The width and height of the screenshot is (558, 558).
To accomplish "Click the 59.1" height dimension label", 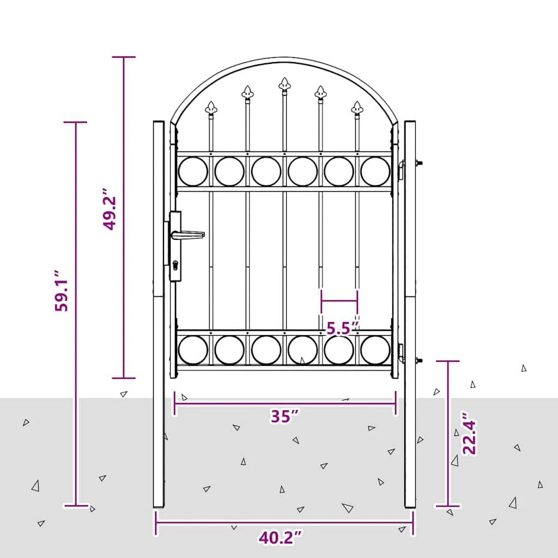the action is [x=61, y=291].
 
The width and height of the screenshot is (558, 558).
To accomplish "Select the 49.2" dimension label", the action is [x=109, y=209].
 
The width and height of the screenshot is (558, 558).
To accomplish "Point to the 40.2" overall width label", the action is [x=281, y=538].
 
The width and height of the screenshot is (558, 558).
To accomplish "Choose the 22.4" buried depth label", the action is [x=469, y=433].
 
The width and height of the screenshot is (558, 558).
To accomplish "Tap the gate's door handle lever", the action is [x=187, y=235].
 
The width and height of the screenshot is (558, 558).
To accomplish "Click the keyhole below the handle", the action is [x=175, y=265].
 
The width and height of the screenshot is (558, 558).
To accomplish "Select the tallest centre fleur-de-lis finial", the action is [x=284, y=84].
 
